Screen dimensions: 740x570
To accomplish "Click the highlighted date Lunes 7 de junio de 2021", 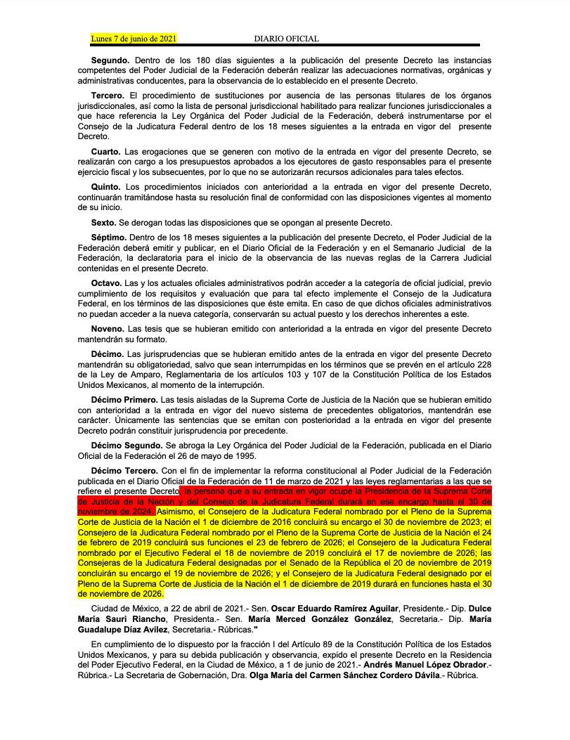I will [x=133, y=39].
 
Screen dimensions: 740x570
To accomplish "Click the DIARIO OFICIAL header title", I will [x=287, y=39].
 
